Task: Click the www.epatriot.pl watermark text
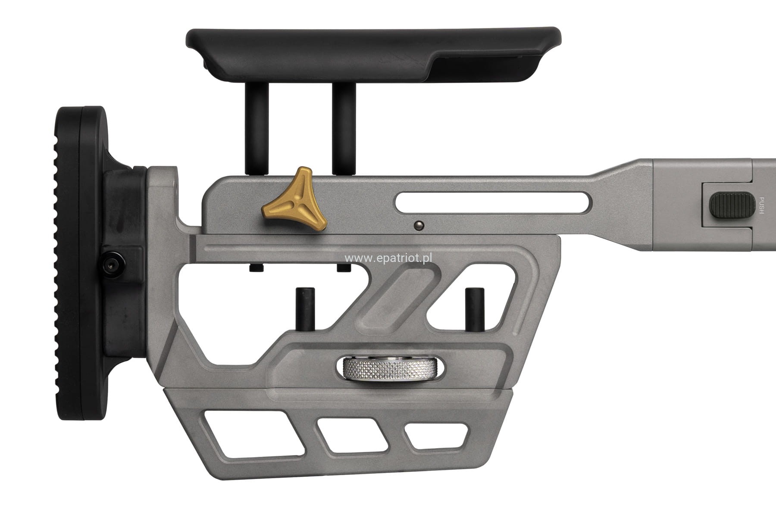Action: (x=389, y=258)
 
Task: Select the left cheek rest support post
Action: (x=257, y=128)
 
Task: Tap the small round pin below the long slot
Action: (x=418, y=224)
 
